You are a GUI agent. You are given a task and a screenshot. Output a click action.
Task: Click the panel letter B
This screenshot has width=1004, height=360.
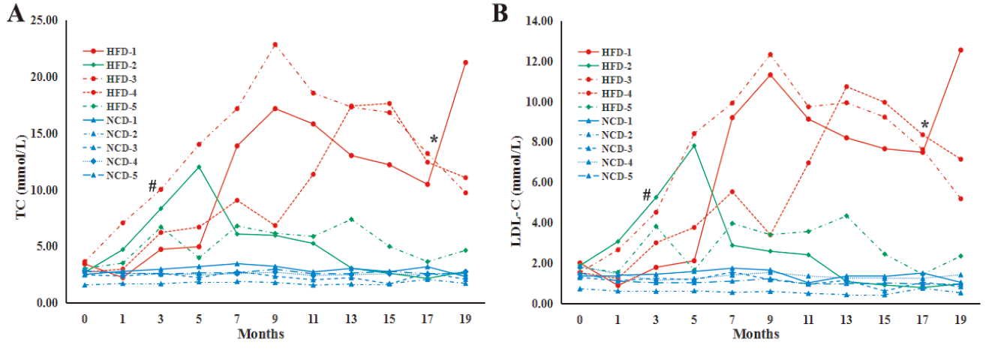500,13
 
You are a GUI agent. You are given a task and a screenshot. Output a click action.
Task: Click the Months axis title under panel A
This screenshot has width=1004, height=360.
260,334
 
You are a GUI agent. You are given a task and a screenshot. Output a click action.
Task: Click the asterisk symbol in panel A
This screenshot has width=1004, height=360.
434,140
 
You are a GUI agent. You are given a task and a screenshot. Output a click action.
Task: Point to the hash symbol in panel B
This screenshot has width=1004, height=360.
647,196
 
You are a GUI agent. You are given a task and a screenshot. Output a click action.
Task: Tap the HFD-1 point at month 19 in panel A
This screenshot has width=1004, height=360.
465,62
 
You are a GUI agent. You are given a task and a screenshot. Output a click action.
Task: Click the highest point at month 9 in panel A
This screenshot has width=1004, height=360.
275,44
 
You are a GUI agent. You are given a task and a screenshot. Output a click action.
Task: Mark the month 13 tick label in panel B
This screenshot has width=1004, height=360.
846,319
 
